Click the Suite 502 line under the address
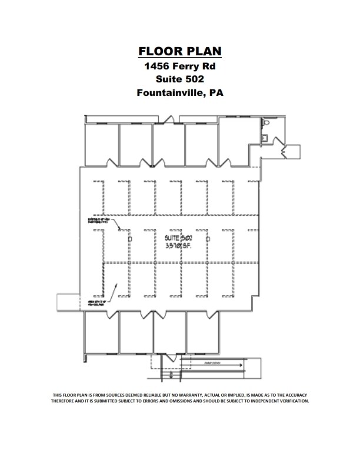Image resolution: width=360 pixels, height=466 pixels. [180, 79]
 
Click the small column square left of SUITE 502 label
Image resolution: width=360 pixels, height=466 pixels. [129, 239]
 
